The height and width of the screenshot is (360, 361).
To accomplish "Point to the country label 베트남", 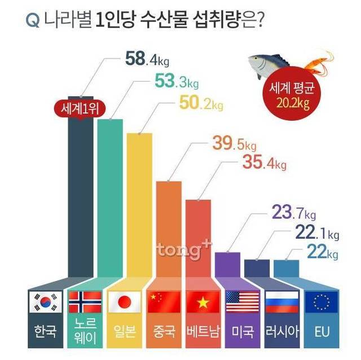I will [x=202, y=330].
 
